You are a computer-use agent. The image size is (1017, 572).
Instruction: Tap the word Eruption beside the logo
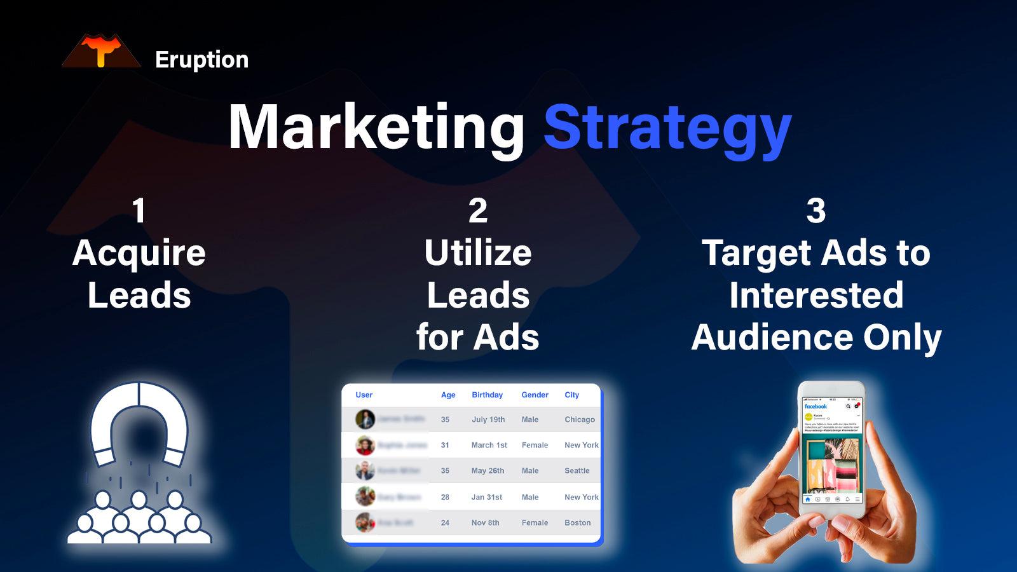coord(201,60)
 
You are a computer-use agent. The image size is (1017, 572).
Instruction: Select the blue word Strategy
coord(667,129)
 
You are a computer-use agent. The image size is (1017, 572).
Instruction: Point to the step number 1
coord(139,210)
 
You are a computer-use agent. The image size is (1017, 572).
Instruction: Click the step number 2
coord(478,210)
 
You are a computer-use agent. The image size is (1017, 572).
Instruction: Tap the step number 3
coord(816,210)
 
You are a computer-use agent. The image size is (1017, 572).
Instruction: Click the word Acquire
coord(139,254)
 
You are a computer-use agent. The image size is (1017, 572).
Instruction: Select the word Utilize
coord(478,253)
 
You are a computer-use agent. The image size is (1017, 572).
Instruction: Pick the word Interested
coord(816,295)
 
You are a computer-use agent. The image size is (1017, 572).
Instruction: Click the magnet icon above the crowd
coord(139,423)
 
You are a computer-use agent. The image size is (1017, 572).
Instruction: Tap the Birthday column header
coord(487,395)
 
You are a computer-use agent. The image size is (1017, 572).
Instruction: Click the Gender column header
coord(535,395)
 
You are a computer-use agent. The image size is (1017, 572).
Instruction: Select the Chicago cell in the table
coord(580,419)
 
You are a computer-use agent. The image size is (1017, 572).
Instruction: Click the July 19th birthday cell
coord(488,419)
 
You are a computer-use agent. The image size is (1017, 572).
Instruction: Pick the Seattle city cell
coord(577,471)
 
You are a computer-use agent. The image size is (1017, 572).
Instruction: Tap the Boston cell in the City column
coord(578,522)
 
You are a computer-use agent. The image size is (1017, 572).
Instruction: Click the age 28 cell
coord(445,497)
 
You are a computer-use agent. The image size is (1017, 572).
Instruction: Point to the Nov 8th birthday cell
coord(485,522)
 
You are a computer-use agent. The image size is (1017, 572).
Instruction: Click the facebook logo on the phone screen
coord(816,406)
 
